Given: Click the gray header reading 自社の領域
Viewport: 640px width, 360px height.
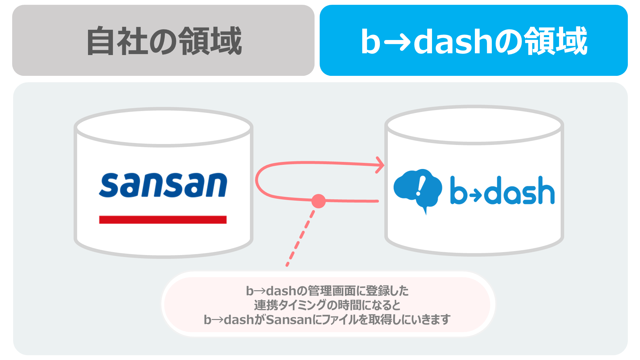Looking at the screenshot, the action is (x=163, y=40).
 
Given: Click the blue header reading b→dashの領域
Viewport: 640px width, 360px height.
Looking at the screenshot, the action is (x=474, y=40).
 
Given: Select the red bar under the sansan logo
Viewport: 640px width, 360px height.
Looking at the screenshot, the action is (x=163, y=220).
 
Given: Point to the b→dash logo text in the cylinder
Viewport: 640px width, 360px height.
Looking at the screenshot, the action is (x=502, y=190).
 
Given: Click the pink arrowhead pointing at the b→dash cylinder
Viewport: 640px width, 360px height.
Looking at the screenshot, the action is (x=380, y=165).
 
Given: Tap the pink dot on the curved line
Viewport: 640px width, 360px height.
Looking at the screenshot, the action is (x=318, y=201).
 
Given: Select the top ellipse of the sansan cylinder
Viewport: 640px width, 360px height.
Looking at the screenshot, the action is (x=164, y=127).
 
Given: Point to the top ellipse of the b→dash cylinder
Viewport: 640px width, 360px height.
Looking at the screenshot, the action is (x=474, y=125).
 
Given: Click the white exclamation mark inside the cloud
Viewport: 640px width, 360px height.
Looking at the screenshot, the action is (x=420, y=186).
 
